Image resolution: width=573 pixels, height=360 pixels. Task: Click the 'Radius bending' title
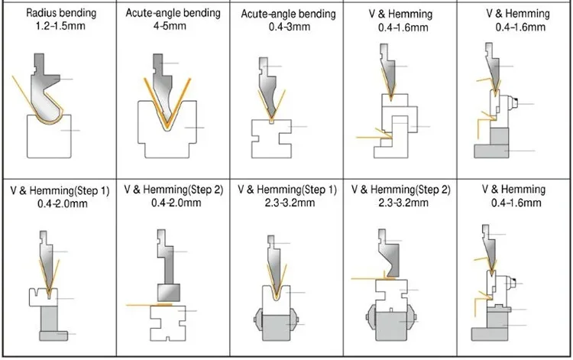tap(58, 13)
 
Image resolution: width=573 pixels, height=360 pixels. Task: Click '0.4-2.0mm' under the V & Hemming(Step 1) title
tap(58, 203)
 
